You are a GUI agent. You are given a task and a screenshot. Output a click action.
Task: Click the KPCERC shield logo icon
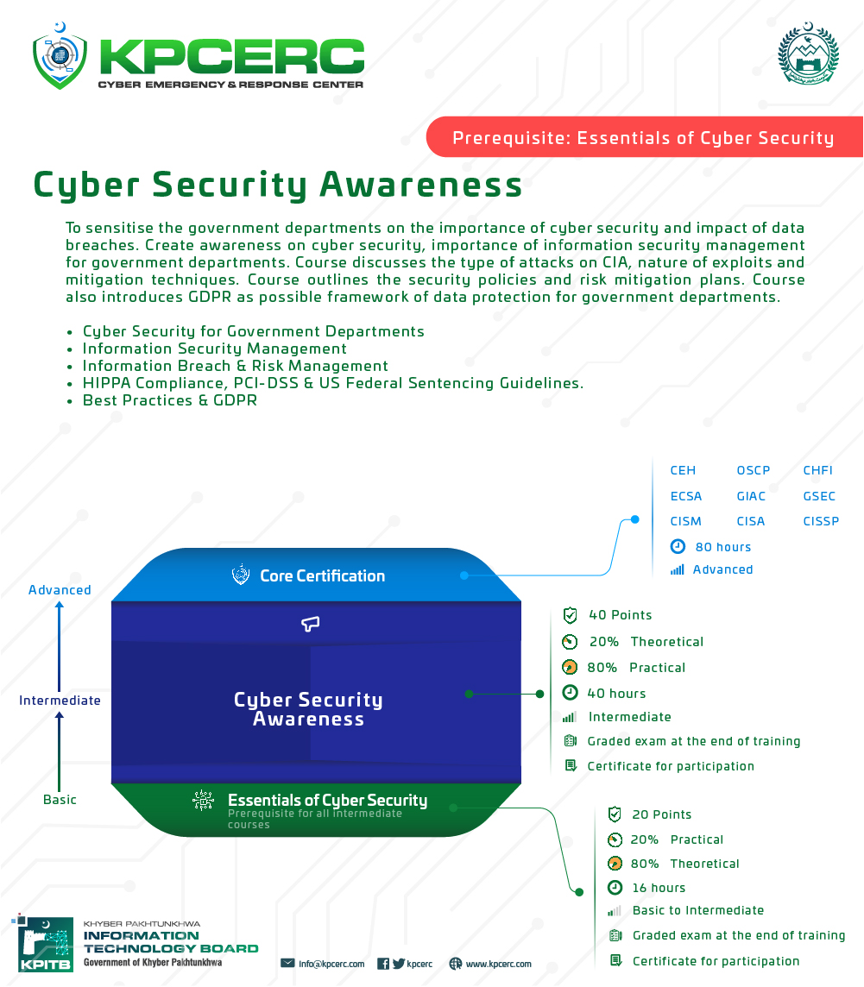coord(60,57)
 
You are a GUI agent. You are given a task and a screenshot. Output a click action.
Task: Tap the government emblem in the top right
coord(809,53)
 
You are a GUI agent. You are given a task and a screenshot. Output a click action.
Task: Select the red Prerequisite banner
coord(644,136)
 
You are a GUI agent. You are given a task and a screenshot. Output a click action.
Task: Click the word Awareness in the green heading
coord(420,185)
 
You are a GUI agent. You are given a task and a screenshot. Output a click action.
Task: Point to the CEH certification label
coord(683,470)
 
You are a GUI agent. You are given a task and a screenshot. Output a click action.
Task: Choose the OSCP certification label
coord(754,470)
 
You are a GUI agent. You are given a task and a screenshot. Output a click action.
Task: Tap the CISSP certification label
coord(821,521)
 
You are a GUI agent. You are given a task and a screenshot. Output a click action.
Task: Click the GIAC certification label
coord(751,496)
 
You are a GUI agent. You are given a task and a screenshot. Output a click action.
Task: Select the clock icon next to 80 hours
coord(678,546)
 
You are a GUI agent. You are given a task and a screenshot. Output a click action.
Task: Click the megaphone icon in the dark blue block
coord(311,624)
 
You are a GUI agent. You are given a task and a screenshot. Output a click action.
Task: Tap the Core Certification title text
coord(323,576)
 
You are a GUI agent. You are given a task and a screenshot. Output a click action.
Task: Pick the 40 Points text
coord(621,615)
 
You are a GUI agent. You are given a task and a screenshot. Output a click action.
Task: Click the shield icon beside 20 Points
coord(615,814)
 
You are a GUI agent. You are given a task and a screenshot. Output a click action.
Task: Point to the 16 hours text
coord(659,888)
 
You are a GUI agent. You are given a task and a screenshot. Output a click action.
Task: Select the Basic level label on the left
coord(60,800)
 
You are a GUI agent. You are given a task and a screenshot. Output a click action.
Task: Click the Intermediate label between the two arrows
coord(60,701)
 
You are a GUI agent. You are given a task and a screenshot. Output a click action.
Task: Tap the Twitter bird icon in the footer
coord(399,964)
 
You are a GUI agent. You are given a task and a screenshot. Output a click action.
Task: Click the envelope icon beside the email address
coord(287,963)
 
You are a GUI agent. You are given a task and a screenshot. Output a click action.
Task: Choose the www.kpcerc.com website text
coord(499,964)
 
